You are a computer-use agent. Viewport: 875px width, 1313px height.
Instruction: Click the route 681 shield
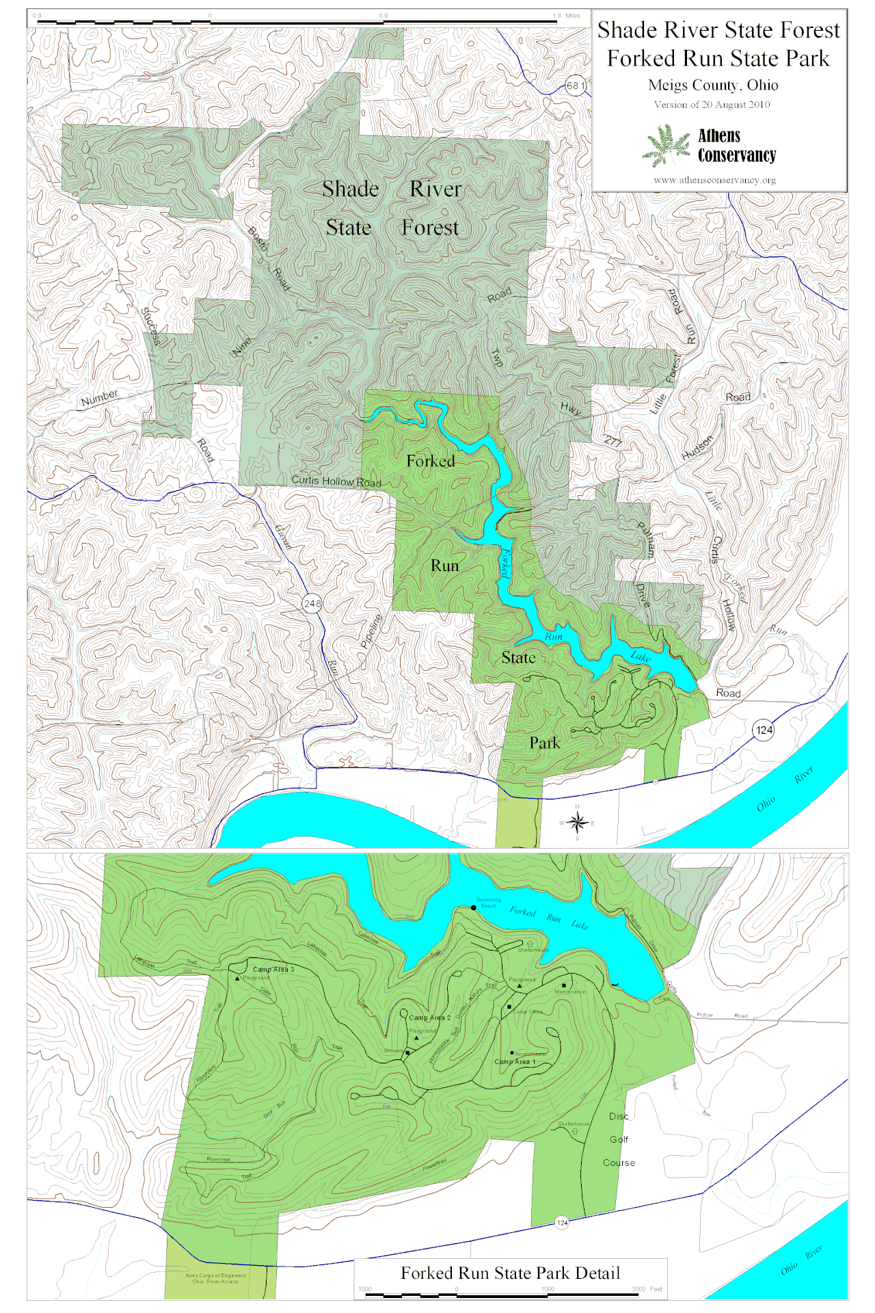pyautogui.click(x=576, y=86)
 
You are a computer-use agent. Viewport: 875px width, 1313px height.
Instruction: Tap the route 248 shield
pyautogui.click(x=312, y=603)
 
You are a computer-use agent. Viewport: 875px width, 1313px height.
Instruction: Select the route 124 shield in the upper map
pyautogui.click(x=764, y=730)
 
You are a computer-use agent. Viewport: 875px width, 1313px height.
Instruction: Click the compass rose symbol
pyautogui.click(x=577, y=823)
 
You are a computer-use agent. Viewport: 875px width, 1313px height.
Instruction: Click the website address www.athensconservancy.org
pyautogui.click(x=714, y=180)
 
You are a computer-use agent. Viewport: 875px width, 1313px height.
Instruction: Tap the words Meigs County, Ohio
pyautogui.click(x=713, y=85)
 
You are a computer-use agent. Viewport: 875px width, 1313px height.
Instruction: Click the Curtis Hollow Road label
pyautogui.click(x=336, y=481)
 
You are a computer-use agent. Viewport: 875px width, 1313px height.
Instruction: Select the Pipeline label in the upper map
pyautogui.click(x=371, y=631)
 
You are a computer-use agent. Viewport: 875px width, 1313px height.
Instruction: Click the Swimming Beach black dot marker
pyautogui.click(x=474, y=907)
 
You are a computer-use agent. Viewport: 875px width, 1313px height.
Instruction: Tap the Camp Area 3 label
pyautogui.click(x=273, y=969)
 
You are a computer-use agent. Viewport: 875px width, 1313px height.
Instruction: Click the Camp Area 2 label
pyautogui.click(x=430, y=1018)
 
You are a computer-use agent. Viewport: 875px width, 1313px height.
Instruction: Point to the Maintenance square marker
pyautogui.click(x=564, y=985)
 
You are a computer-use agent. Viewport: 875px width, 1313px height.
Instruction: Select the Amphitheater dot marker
pyautogui.click(x=512, y=1053)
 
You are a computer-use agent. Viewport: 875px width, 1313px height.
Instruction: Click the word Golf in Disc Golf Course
pyautogui.click(x=619, y=1139)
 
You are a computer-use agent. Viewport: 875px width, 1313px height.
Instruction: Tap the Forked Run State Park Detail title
pyautogui.click(x=510, y=1273)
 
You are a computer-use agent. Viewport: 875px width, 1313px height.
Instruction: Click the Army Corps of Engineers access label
pyautogui.click(x=215, y=1278)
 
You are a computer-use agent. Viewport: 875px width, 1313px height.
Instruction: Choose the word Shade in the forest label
pyautogui.click(x=351, y=189)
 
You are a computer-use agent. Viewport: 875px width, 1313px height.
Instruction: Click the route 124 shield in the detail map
pyautogui.click(x=562, y=1223)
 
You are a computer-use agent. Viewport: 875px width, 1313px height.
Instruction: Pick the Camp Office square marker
pyautogui.click(x=509, y=1007)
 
